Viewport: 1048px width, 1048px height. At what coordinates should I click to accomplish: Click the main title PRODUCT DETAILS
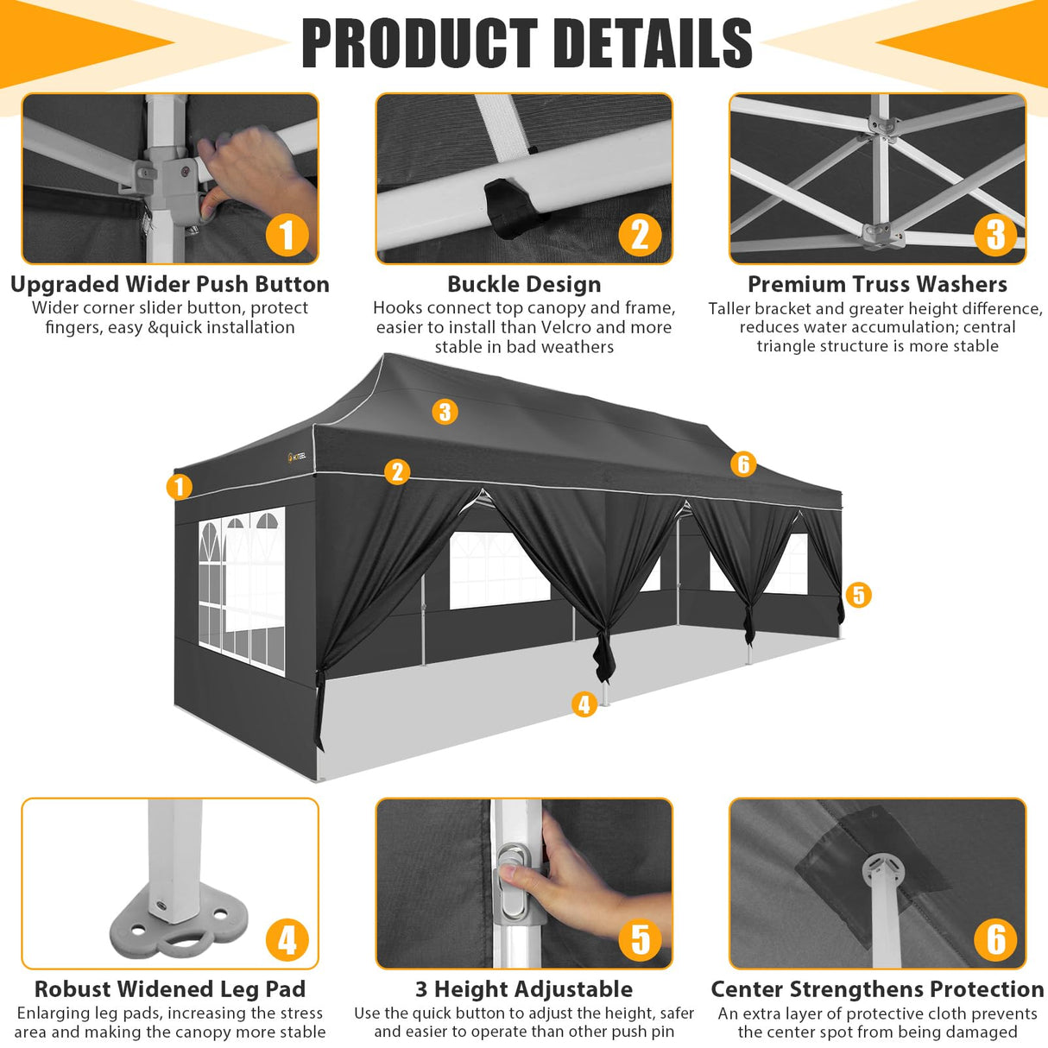pyautogui.click(x=527, y=42)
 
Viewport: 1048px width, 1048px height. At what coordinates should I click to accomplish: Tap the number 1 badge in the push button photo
pyautogui.click(x=287, y=235)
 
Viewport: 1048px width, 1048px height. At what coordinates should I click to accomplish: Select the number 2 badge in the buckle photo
pyautogui.click(x=640, y=235)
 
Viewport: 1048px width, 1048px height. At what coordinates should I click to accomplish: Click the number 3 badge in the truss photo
pyautogui.click(x=995, y=234)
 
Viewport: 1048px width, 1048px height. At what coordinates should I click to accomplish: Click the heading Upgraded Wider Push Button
pyautogui.click(x=170, y=284)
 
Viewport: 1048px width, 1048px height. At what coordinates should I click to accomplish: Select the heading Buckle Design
pyautogui.click(x=524, y=284)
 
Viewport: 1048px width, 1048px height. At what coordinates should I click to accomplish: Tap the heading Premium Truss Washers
pyautogui.click(x=877, y=284)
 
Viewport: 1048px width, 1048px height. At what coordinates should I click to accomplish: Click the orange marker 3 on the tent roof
pyautogui.click(x=445, y=412)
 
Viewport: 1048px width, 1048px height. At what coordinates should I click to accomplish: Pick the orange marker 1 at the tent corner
pyautogui.click(x=179, y=487)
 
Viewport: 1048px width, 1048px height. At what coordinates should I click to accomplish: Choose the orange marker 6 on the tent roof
pyautogui.click(x=743, y=464)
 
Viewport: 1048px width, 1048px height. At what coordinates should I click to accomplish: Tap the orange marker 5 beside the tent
pyautogui.click(x=857, y=595)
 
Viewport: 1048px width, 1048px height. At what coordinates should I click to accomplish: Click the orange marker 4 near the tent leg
pyautogui.click(x=584, y=704)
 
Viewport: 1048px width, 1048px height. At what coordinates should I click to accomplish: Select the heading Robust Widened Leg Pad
pyautogui.click(x=170, y=989)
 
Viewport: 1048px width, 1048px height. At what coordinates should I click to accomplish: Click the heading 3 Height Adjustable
pyautogui.click(x=524, y=989)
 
